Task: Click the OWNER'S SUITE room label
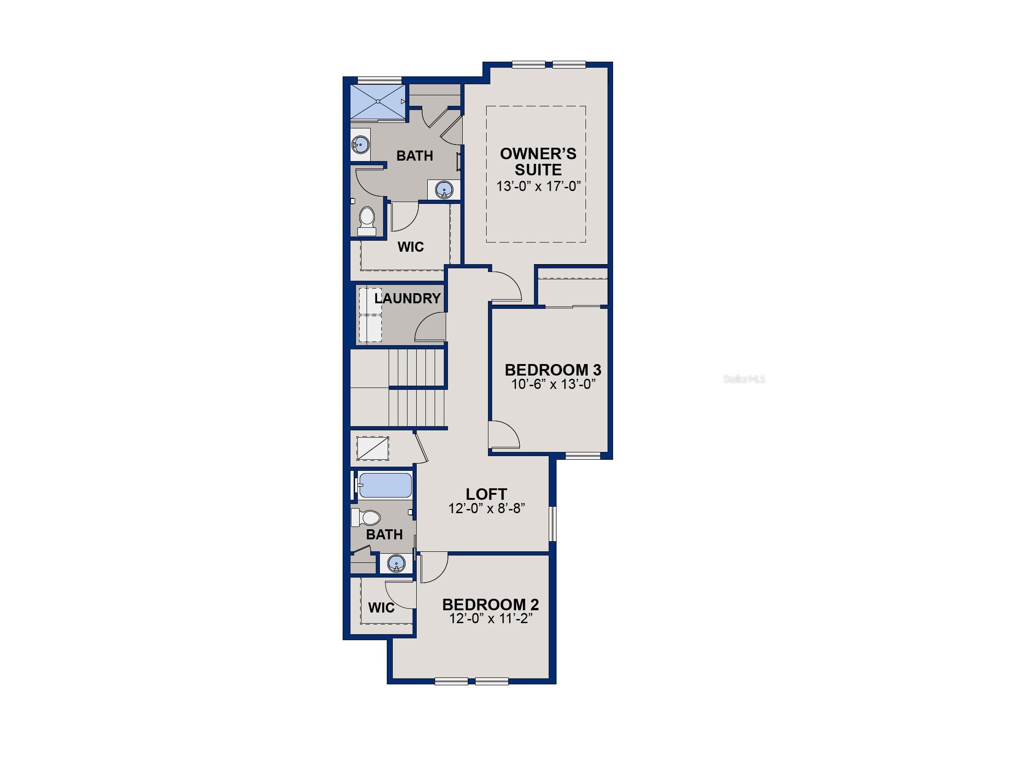coord(538,162)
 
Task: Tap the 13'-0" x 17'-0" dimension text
coord(538,186)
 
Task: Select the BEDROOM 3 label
coord(553,370)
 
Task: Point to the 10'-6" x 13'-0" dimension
coord(553,384)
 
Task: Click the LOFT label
coord(486,494)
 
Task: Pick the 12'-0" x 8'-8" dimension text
coord(487,508)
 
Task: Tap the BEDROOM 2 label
coord(490,604)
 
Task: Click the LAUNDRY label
coord(407,298)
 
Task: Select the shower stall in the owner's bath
coord(378,101)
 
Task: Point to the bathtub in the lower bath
coord(385,485)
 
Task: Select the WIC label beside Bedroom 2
coord(381,608)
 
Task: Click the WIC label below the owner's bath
coord(410,247)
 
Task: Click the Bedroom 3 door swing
coord(504,435)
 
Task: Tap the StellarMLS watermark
coord(744,379)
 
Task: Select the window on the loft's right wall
coord(553,524)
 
